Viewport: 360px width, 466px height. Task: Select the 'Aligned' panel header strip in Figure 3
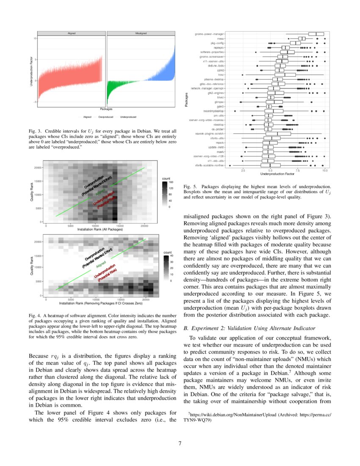pyautogui.click(x=71, y=33)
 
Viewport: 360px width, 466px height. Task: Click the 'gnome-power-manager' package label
pyautogui.click(x=209, y=34)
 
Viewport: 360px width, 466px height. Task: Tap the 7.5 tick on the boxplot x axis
pyautogui.click(x=298, y=170)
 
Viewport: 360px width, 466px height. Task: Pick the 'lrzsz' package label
pyautogui.click(x=220, y=75)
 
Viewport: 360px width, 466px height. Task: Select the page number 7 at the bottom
pyautogui.click(x=180, y=444)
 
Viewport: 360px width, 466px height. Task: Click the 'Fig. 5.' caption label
pyautogui.click(x=189, y=186)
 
